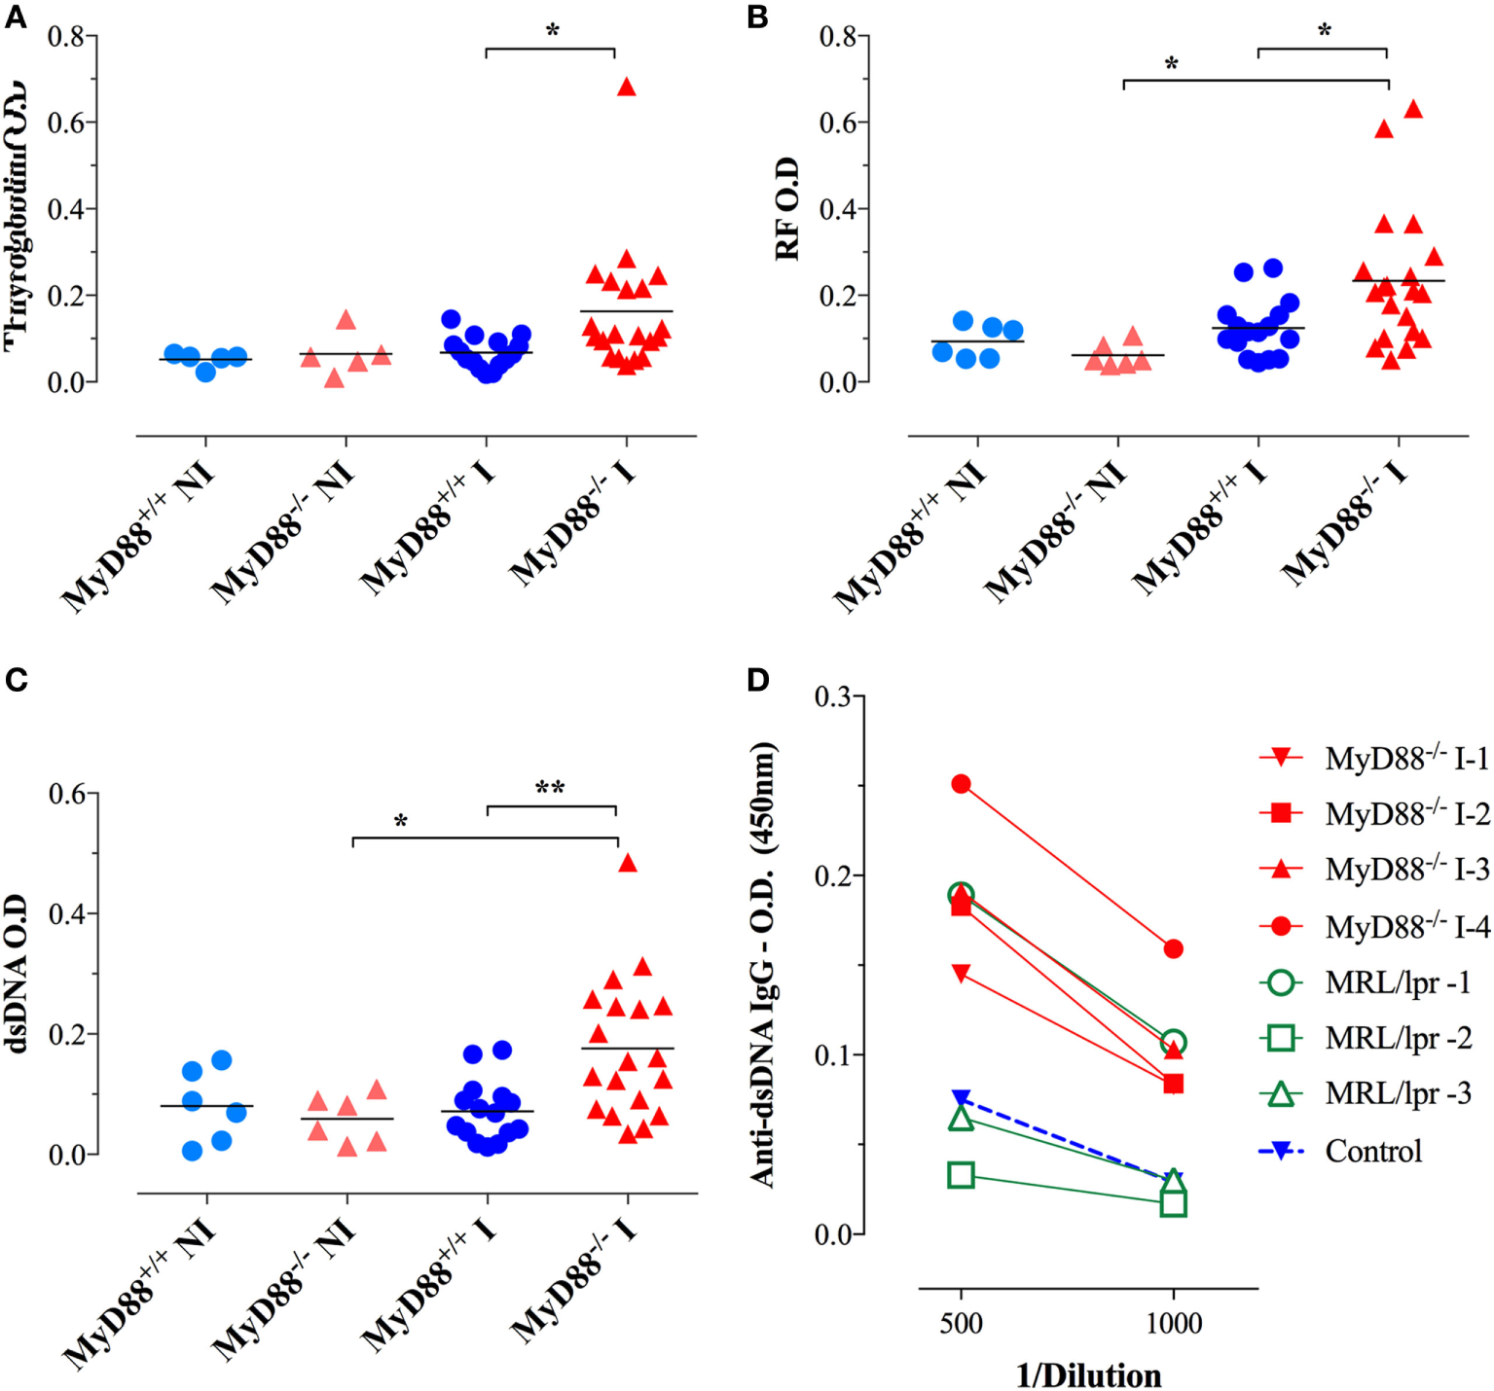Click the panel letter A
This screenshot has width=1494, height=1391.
[x=15, y=17]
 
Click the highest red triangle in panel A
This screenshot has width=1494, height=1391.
[x=627, y=88]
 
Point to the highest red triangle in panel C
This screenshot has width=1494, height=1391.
[x=628, y=863]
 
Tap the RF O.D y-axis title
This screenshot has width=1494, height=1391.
[x=786, y=208]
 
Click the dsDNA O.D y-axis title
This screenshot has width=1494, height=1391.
[x=17, y=975]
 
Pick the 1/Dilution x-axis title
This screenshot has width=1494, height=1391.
[x=1088, y=1374]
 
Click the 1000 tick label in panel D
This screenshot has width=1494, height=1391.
[x=1173, y=1323]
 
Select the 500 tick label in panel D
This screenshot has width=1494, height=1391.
[x=961, y=1323]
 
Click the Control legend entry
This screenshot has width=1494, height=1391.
[x=1372, y=1151]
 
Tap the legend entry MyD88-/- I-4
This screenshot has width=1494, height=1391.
[x=1406, y=927]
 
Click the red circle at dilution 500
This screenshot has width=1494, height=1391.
[x=961, y=784]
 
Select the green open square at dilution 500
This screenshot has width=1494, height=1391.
[x=961, y=1175]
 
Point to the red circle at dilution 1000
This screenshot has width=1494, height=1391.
[x=1173, y=948]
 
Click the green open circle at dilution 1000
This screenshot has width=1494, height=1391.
[x=1174, y=1042]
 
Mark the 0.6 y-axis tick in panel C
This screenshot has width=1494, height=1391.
[x=73, y=794]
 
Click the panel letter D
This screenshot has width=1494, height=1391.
[x=758, y=680]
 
